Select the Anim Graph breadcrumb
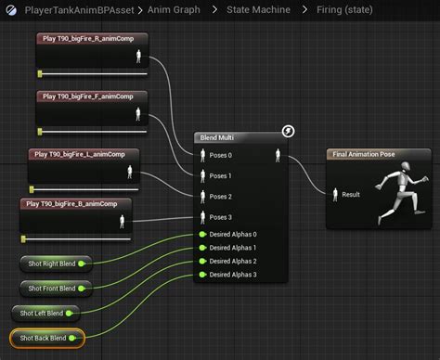coord(175,9)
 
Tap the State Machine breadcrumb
coord(258,9)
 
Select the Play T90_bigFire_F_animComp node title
coord(88,96)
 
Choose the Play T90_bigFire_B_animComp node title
coord(73,202)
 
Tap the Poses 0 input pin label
coord(222,155)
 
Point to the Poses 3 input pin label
coord(222,218)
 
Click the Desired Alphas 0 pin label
coord(233,235)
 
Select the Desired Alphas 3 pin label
coord(233,275)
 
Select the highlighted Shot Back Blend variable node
coord(45,338)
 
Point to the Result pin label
coord(351,195)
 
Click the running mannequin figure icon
coord(396,192)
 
